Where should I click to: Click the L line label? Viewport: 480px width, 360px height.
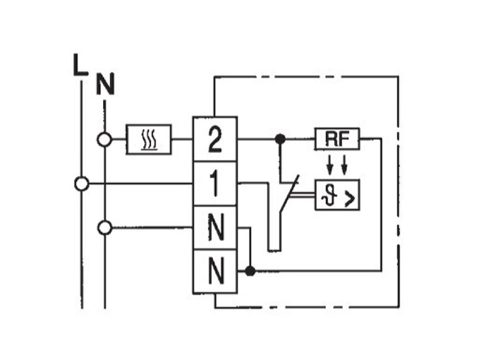80,65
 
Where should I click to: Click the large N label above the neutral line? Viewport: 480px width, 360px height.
106,83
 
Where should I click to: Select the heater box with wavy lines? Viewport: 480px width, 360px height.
149,140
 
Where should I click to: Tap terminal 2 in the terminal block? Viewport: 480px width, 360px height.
215,139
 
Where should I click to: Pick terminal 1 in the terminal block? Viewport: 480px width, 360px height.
215,184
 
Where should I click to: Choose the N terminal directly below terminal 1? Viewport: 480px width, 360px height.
215,228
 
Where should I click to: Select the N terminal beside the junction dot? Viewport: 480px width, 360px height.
215,272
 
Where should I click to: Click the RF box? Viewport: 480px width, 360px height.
337,139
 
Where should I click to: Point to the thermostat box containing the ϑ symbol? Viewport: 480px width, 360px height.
337,194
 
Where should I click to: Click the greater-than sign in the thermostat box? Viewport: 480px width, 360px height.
350,199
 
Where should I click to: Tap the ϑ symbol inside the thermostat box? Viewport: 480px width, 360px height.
329,196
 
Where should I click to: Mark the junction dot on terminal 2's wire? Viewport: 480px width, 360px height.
280,139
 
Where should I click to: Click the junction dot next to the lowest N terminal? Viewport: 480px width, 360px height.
250,271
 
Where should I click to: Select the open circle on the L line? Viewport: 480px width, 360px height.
82,184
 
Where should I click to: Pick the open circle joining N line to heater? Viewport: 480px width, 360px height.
104,140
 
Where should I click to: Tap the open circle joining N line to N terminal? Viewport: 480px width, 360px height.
105,228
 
